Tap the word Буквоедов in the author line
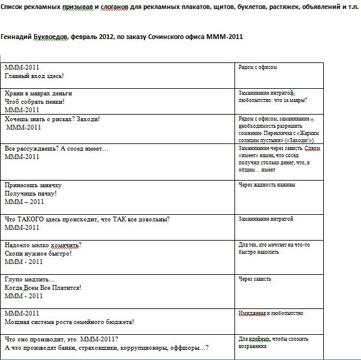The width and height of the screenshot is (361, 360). tap(55, 37)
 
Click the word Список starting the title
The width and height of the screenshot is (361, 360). tap(13, 5)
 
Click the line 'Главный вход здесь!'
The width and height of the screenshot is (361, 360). tap(34, 76)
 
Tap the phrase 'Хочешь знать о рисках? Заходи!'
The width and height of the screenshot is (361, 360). tap(52, 119)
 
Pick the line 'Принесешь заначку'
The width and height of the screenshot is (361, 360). tap(33, 185)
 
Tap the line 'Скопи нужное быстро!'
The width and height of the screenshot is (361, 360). tap(38, 253)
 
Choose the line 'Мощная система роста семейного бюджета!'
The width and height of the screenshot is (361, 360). tap(69, 322)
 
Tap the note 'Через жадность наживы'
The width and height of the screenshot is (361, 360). tap(267, 185)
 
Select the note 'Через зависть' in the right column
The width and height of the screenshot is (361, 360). tap(255, 279)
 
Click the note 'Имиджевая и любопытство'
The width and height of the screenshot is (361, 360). tap(270, 313)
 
